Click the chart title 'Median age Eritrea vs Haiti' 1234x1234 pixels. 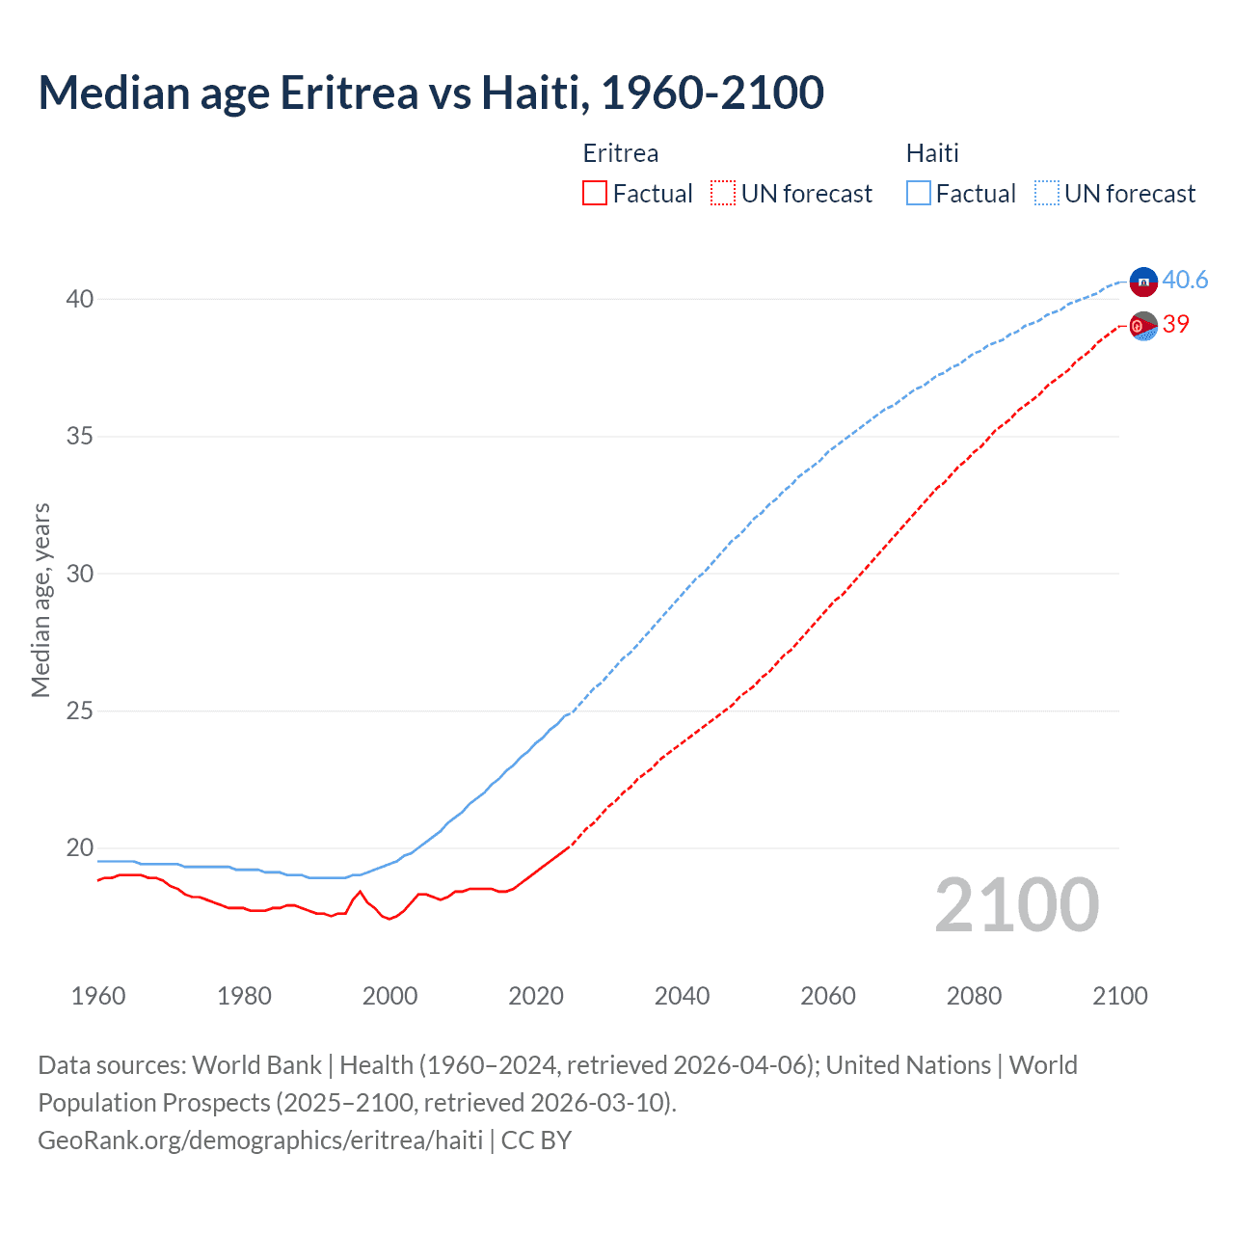click(430, 93)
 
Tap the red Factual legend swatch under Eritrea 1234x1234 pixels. click(595, 194)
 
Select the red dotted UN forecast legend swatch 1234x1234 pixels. click(723, 194)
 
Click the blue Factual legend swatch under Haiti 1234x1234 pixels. click(919, 194)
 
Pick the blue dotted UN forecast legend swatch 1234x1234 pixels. click(1046, 194)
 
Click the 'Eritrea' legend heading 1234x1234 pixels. click(621, 153)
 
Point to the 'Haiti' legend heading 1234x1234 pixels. click(932, 153)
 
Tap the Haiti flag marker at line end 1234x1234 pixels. click(1143, 282)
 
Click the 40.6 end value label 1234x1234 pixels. click(1185, 280)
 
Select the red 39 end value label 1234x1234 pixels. click(1176, 324)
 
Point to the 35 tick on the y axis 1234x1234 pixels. click(79, 436)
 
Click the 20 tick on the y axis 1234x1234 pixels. click(79, 848)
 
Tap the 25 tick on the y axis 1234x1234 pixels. click(79, 711)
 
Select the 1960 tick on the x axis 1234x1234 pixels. click(98, 996)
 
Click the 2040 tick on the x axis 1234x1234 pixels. click(682, 996)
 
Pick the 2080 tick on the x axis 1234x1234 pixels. click(974, 996)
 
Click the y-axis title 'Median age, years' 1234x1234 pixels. click(40, 600)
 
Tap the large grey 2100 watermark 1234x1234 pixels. click(1016, 904)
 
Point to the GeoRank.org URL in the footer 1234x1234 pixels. click(260, 1140)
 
